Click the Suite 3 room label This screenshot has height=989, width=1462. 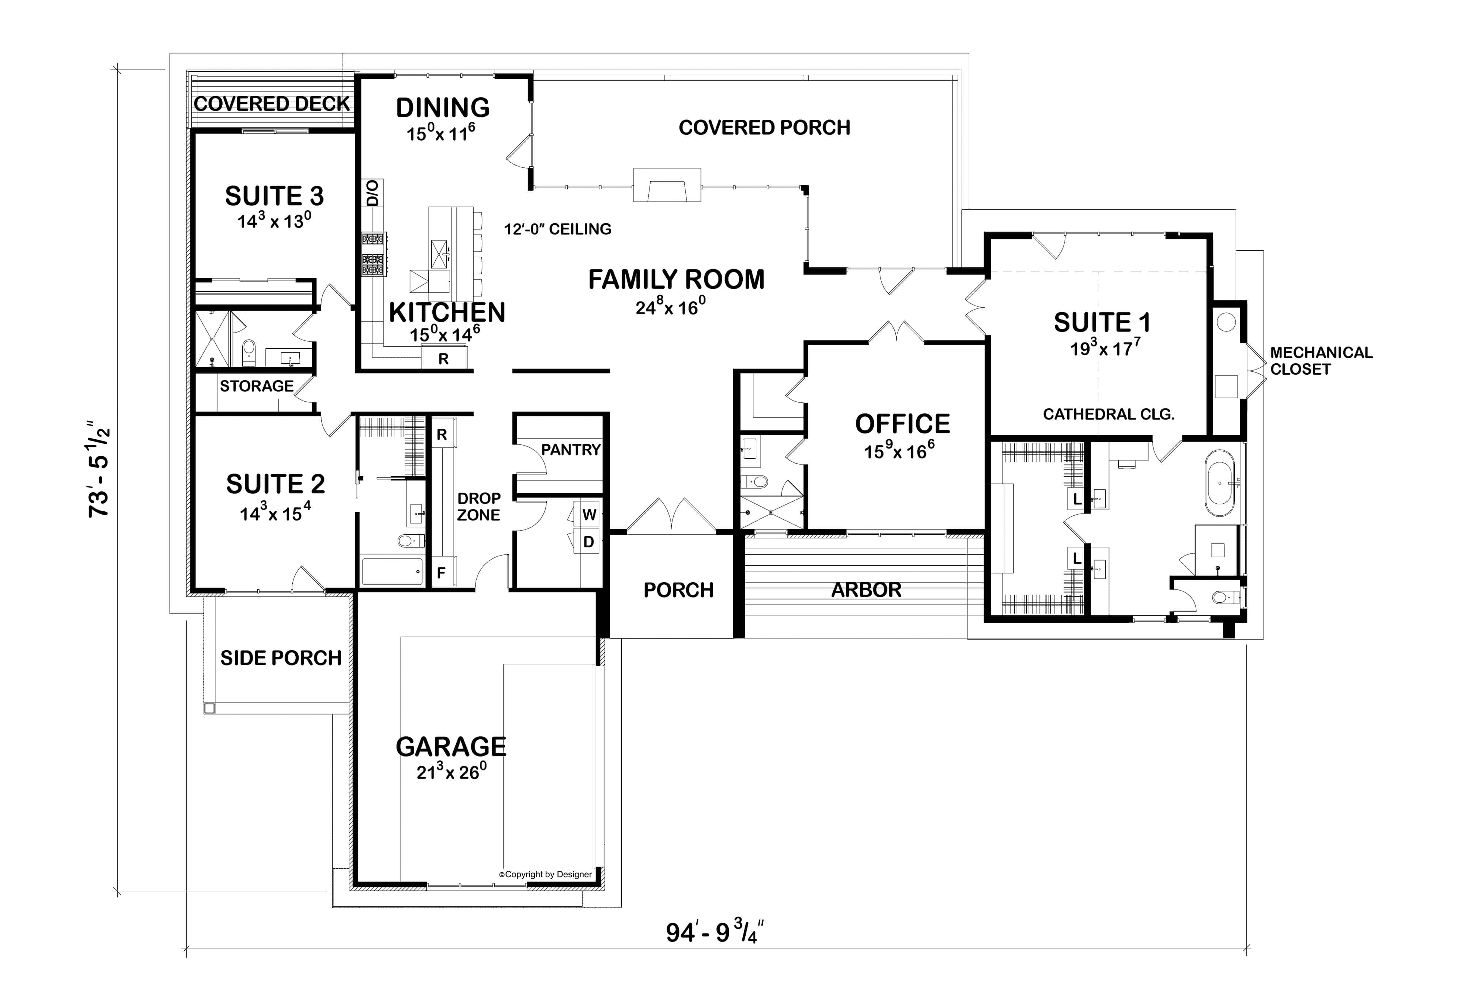(274, 196)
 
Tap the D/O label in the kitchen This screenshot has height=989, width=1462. (372, 193)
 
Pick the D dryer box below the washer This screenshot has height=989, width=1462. (589, 542)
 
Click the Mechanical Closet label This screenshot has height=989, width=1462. (1321, 360)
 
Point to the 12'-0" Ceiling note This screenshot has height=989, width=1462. (557, 229)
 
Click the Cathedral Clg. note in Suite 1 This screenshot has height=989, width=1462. (1109, 414)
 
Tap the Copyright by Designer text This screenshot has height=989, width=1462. (545, 875)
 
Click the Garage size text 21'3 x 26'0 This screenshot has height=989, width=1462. (451, 772)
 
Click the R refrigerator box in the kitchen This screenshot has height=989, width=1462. (443, 359)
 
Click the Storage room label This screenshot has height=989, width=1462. (256, 386)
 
